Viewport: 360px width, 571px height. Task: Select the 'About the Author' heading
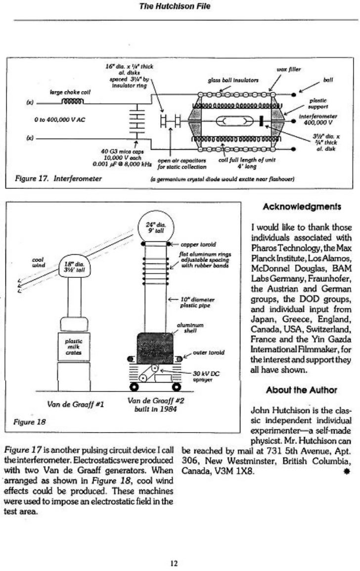click(301, 390)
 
